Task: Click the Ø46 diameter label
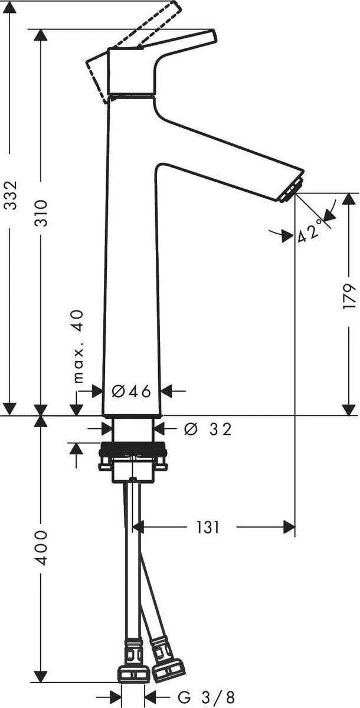click(132, 391)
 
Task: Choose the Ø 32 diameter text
click(207, 429)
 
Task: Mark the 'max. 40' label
click(78, 347)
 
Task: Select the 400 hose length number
click(40, 548)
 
